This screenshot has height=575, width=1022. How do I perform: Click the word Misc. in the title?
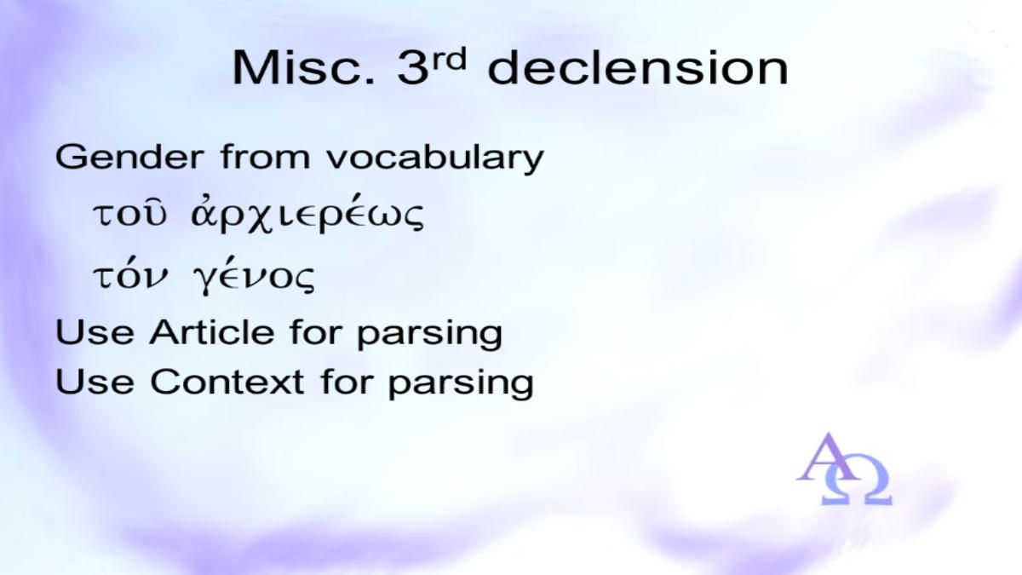tap(303, 67)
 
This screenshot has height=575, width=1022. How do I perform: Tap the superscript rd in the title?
tap(449, 60)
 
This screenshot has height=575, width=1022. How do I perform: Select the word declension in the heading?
tap(638, 67)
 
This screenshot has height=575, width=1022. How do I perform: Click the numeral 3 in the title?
tap(412, 67)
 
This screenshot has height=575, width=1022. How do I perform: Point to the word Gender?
tap(129, 157)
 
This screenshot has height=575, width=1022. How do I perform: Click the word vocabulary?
tap(435, 158)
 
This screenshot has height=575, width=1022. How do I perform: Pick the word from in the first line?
tap(265, 156)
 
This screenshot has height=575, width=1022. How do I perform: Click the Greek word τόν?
tap(130, 274)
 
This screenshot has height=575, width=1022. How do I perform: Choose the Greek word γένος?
tap(254, 277)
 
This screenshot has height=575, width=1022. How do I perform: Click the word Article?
tap(212, 331)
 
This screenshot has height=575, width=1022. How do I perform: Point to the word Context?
tap(227, 381)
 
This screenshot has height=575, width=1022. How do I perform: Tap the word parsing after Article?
tap(429, 334)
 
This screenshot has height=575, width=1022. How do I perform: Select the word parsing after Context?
tap(461, 383)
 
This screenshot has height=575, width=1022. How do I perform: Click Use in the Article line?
tap(95, 331)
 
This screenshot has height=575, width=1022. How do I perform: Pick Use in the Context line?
tap(95, 381)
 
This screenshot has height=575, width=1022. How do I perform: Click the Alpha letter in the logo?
tap(827, 457)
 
